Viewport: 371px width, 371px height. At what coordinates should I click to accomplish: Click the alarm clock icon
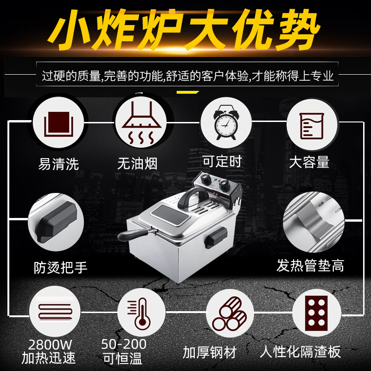tap(225, 122)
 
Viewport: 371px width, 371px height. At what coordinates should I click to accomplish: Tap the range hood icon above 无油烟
tap(141, 123)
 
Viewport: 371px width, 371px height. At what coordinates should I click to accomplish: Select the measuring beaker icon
tap(311, 126)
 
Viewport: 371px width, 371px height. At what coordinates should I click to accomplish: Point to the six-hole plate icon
tap(316, 313)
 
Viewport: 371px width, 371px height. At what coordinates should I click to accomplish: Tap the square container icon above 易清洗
tap(59, 124)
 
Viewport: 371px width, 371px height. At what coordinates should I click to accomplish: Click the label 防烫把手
tap(61, 268)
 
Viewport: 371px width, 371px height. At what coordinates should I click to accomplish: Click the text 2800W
tap(50, 345)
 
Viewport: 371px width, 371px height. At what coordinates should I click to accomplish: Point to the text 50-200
tap(124, 344)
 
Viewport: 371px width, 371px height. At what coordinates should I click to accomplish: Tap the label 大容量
tap(309, 162)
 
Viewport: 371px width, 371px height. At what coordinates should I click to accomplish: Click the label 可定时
tap(222, 161)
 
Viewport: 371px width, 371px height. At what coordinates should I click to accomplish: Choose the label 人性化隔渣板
tap(300, 352)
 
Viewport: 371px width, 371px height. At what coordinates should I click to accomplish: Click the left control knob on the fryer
tap(205, 178)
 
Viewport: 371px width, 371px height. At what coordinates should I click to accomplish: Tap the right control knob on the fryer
tap(224, 185)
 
